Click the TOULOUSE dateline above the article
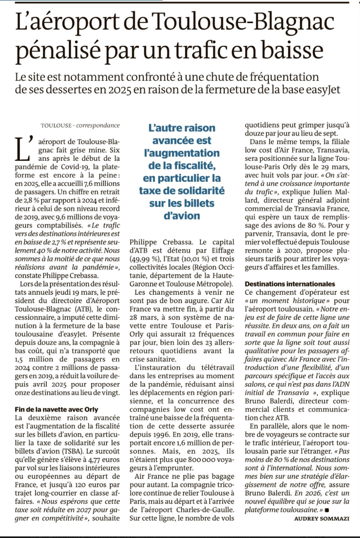click(x=56, y=125)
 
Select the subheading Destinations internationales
click(x=290, y=284)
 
